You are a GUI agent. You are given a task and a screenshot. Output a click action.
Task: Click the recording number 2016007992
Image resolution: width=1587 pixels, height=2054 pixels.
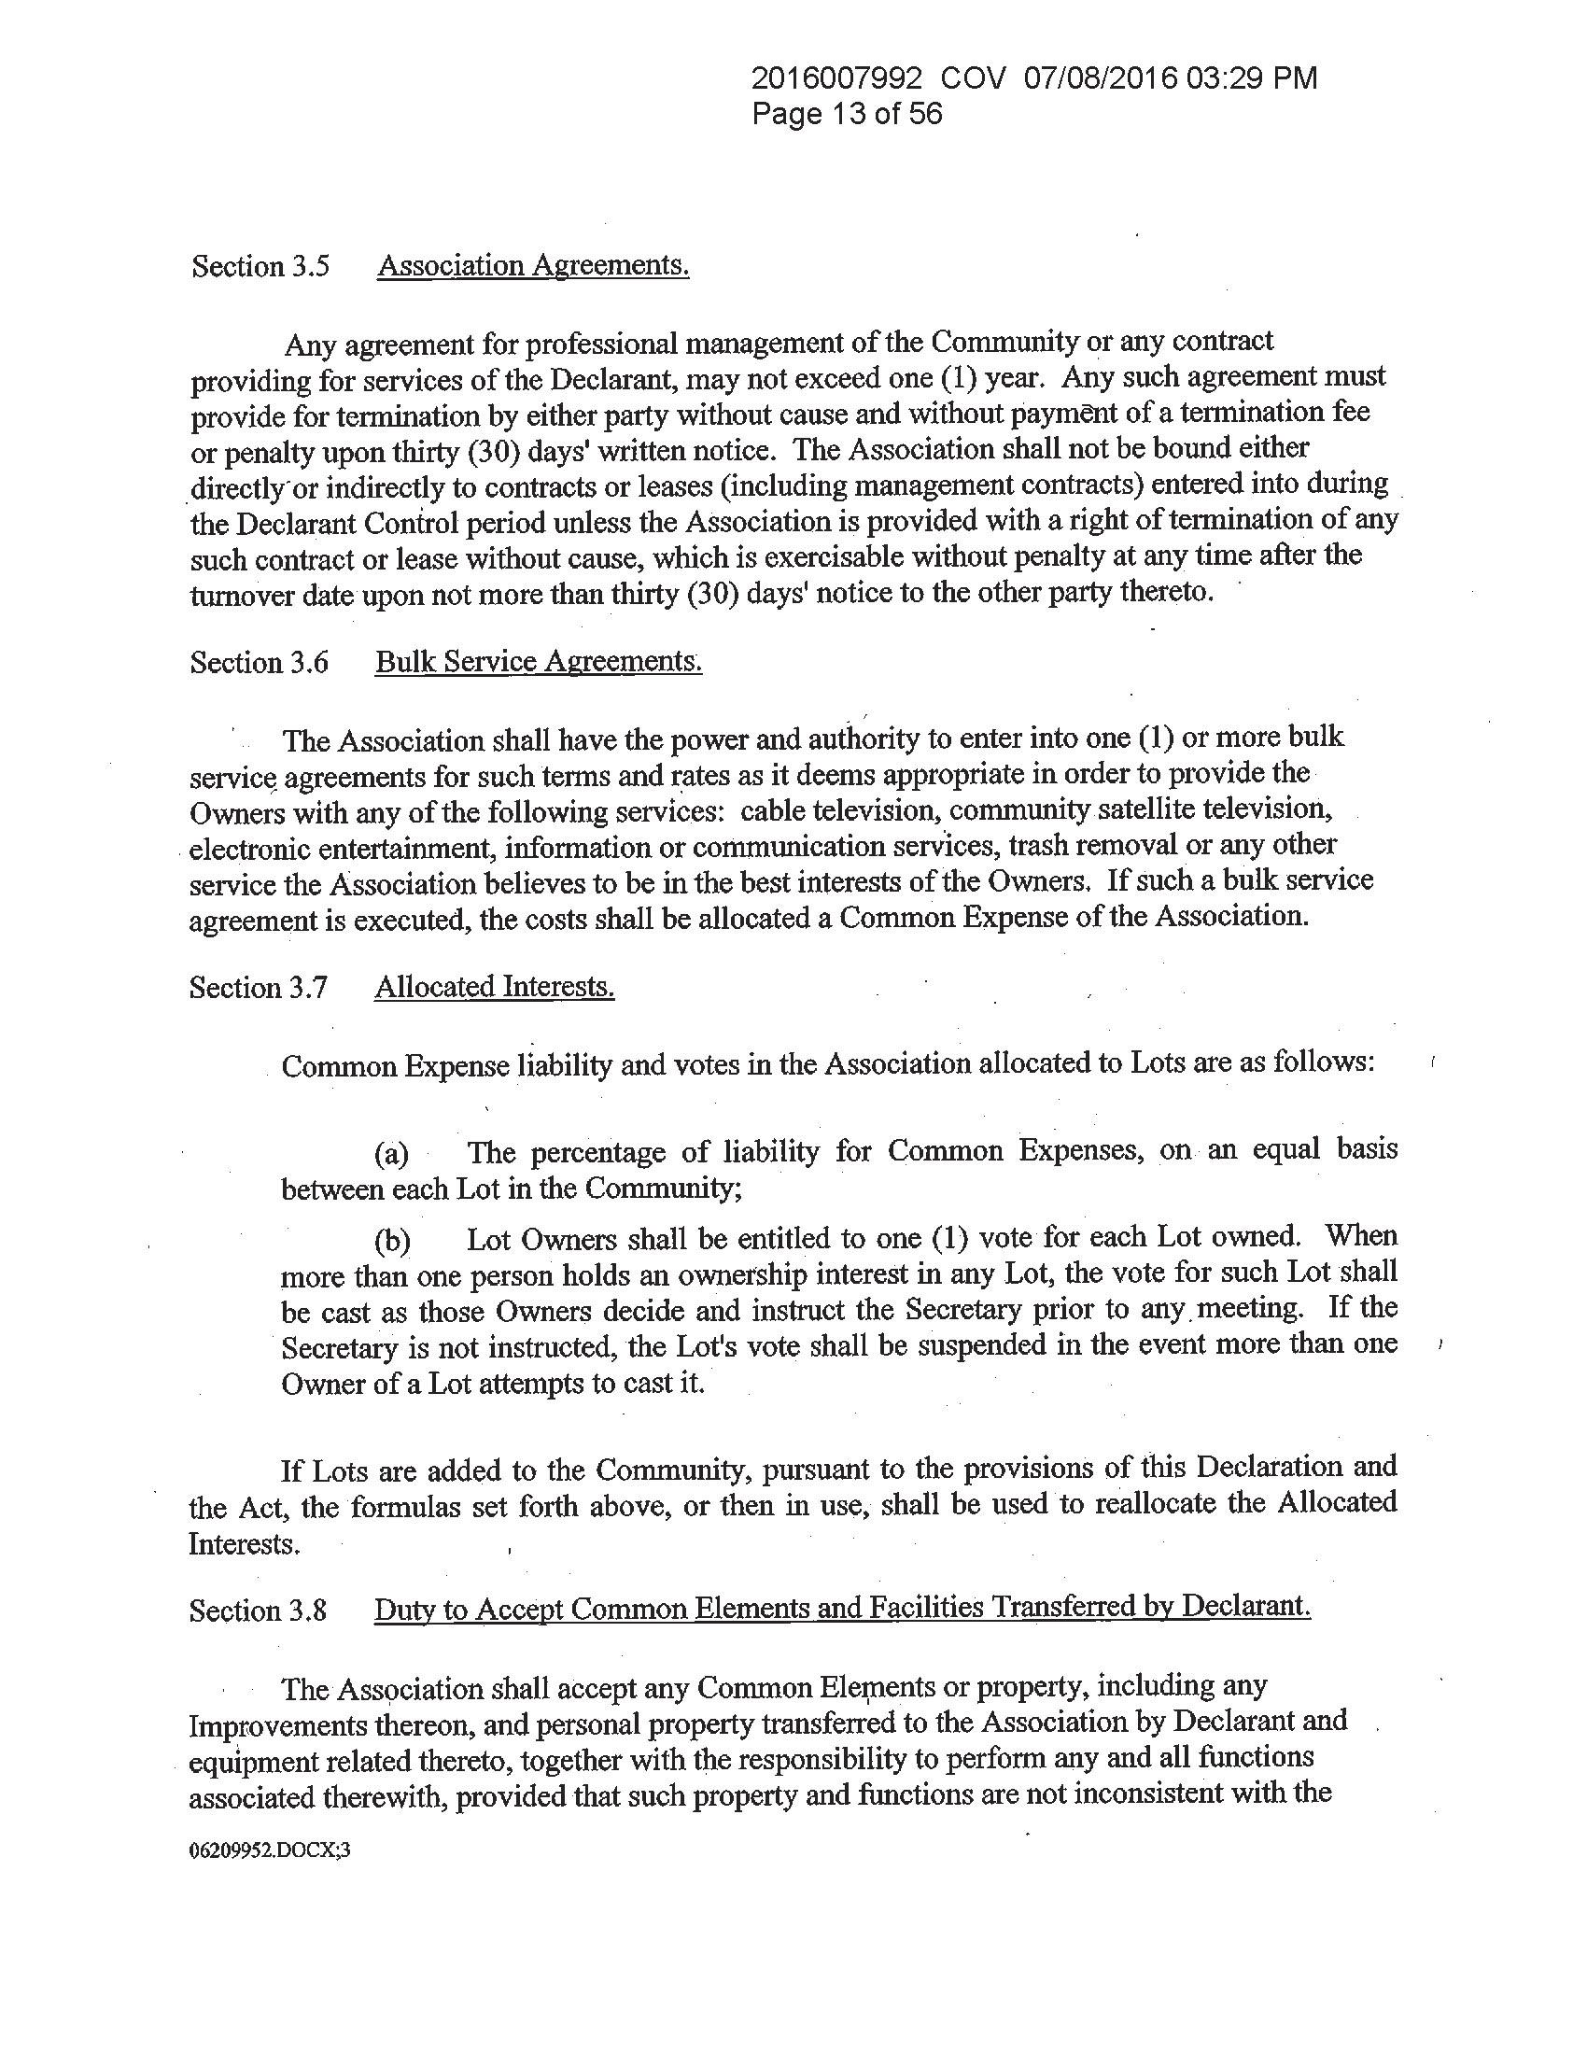point(837,78)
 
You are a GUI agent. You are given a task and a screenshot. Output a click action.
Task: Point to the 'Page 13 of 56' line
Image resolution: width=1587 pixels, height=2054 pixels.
point(847,115)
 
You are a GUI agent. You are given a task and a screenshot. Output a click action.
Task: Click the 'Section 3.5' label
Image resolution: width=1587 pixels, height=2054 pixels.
point(260,267)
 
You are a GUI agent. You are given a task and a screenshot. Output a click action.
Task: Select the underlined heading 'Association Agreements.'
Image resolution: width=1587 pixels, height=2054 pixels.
point(533,266)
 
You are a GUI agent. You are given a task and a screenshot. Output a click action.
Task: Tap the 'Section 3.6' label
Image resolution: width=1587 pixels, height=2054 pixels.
point(260,663)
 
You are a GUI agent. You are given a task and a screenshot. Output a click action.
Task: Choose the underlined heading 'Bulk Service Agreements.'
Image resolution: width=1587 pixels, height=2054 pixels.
point(539,662)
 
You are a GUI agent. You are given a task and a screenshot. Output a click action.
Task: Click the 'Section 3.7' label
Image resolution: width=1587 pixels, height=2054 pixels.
point(259,988)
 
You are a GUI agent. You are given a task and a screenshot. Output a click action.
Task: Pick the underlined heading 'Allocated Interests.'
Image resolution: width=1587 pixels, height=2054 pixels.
point(495,987)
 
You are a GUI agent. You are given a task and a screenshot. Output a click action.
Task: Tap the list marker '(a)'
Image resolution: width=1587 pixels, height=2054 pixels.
point(391,1154)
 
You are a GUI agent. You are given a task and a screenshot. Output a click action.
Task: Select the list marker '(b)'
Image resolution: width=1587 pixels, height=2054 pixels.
point(392,1244)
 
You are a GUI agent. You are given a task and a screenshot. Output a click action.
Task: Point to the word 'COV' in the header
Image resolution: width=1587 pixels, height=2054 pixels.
point(974,78)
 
